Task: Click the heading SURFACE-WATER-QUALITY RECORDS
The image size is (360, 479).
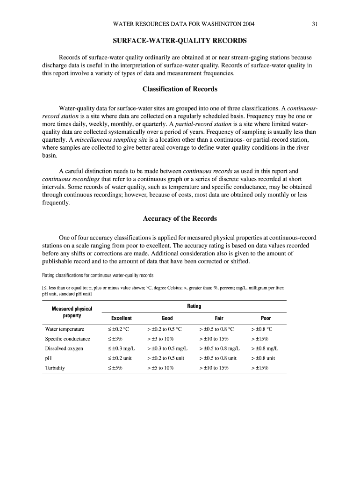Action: (x=180, y=41)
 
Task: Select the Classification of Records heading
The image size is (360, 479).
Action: (x=180, y=89)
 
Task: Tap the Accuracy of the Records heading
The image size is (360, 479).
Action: (x=180, y=218)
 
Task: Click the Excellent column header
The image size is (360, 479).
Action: (x=121, y=318)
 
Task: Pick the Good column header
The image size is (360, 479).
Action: (x=167, y=318)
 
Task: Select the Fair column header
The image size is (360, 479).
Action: (x=219, y=318)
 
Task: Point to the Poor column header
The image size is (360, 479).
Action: (x=266, y=318)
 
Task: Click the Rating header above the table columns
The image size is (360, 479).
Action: (x=194, y=306)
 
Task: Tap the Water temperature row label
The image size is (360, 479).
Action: (x=65, y=329)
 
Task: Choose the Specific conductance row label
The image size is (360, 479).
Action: (x=67, y=339)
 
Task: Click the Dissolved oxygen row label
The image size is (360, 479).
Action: (x=64, y=348)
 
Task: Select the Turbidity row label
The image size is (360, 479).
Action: (x=55, y=368)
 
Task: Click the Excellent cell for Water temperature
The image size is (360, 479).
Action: (x=118, y=329)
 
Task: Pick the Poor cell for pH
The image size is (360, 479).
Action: (x=263, y=358)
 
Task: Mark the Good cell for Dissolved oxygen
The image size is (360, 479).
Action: (x=167, y=348)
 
